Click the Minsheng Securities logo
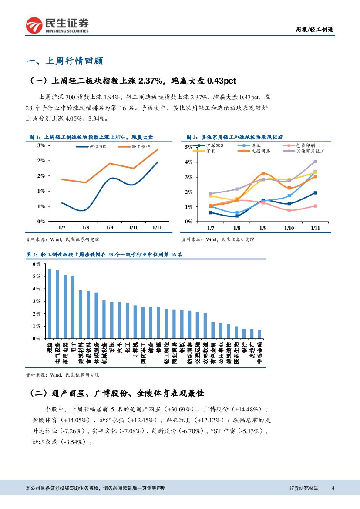pos(57,25)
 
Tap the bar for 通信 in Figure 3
pos(50,303)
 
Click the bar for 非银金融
pos(260,334)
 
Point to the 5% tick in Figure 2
pos(188,147)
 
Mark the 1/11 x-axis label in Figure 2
pos(315,228)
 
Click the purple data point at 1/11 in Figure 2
pos(315,162)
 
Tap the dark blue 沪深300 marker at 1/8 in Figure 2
pos(237,216)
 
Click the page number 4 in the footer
pos(333,488)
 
